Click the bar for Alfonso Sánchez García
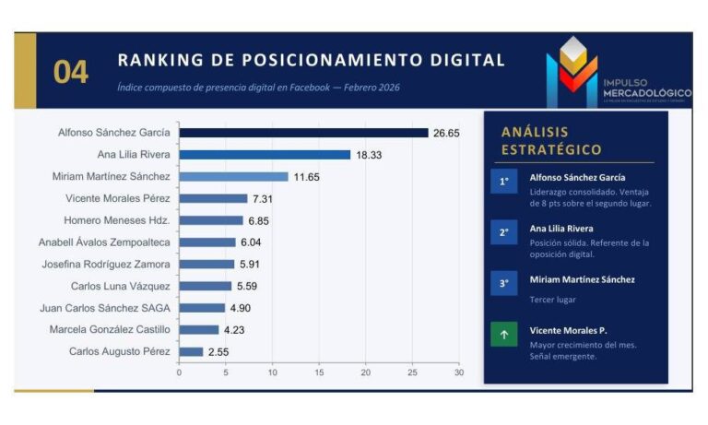click(303, 133)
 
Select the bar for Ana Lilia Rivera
click(265, 155)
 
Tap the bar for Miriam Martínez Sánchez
click(233, 176)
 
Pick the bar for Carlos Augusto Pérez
click(191, 351)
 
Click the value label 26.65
click(446, 133)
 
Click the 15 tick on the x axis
click(319, 372)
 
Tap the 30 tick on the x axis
click(458, 372)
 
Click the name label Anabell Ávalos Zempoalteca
click(111, 242)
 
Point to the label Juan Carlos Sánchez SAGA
click(105, 308)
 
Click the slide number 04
click(71, 72)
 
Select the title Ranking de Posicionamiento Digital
click(311, 61)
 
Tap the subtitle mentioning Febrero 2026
click(258, 88)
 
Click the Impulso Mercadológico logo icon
click(572, 70)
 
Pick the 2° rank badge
click(503, 233)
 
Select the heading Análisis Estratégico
click(551, 140)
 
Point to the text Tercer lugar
click(553, 299)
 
